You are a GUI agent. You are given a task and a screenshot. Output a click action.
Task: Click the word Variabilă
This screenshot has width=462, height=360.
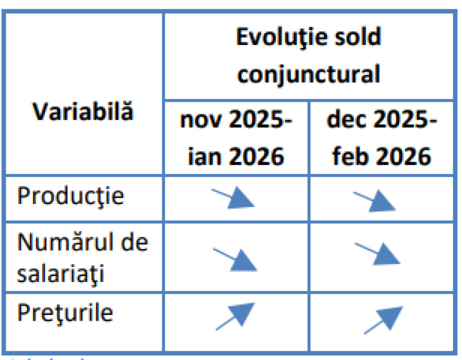(82, 111)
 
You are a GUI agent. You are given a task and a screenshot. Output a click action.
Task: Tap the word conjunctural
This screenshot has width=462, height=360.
(309, 73)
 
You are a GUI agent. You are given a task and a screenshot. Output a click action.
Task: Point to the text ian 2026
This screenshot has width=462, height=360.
(236, 156)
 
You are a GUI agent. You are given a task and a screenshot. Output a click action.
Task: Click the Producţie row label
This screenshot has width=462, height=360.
(70, 196)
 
